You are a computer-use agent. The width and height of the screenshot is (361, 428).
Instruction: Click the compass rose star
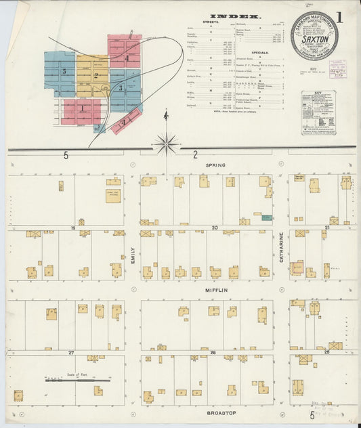tap(166, 144)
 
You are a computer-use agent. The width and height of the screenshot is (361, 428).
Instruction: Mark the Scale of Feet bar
tap(68, 381)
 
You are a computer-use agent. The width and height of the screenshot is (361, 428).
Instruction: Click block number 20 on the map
tap(214, 228)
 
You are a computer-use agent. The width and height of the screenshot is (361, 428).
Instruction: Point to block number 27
tap(70, 353)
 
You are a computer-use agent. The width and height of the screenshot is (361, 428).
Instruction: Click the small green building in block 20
tap(267, 218)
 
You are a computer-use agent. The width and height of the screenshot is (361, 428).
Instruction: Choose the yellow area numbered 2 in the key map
tap(95, 76)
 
